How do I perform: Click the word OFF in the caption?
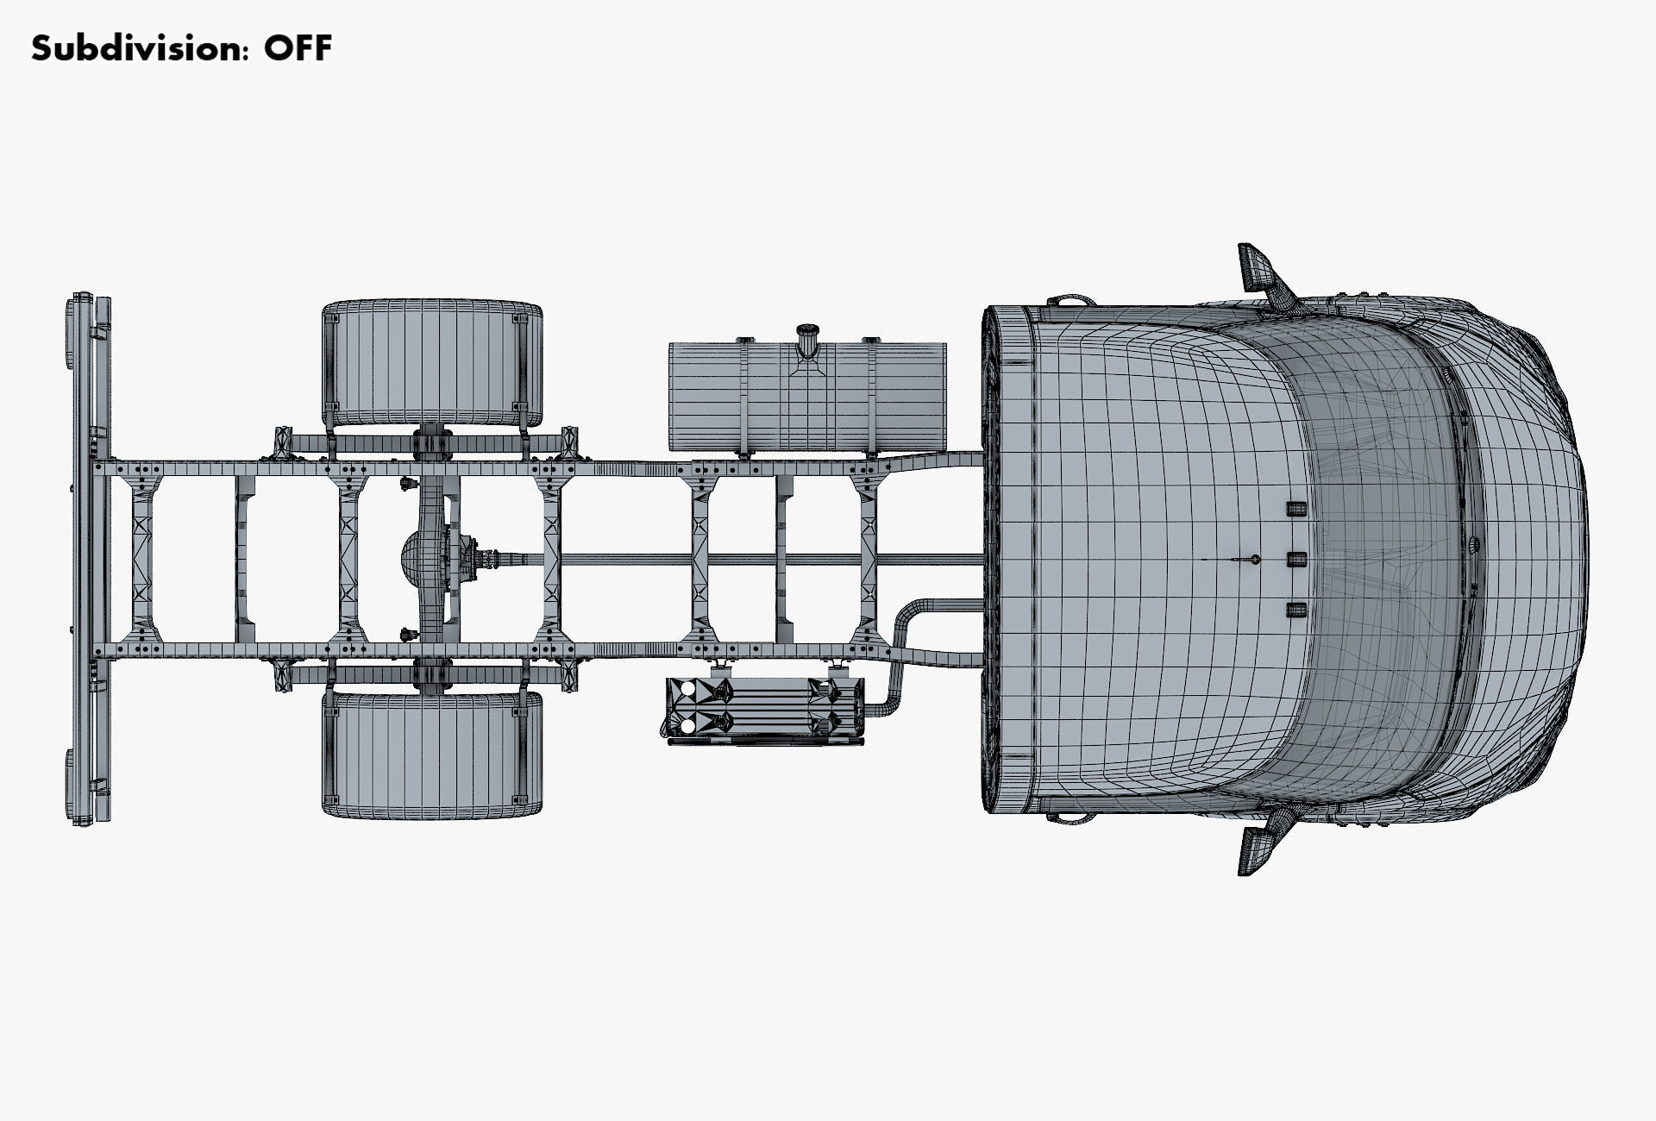click(x=298, y=48)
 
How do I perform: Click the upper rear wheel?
click(x=433, y=363)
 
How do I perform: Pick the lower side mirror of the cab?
click(x=1256, y=849)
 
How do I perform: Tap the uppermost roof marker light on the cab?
click(x=1295, y=508)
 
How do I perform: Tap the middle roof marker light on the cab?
click(x=1295, y=560)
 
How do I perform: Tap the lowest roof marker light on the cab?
click(x=1295, y=611)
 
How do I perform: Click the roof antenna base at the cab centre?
click(x=1256, y=560)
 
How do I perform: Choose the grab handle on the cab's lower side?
click(x=1069, y=817)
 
